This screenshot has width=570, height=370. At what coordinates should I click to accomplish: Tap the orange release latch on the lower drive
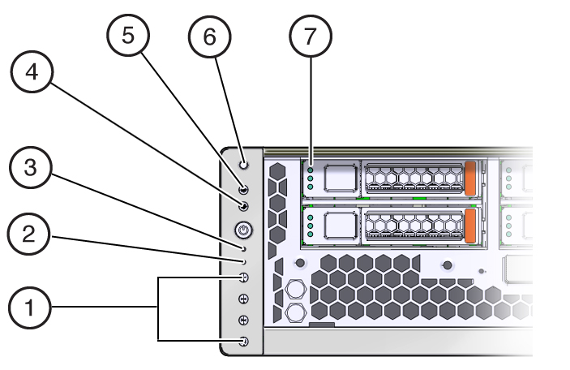470,225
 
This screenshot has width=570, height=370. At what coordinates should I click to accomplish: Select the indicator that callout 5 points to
244,189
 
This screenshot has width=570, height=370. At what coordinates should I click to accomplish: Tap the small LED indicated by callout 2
244,262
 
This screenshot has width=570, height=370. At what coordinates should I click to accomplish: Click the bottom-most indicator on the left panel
244,342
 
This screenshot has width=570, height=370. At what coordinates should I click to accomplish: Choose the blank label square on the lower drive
339,225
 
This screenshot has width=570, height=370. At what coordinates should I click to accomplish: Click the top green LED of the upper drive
311,170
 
